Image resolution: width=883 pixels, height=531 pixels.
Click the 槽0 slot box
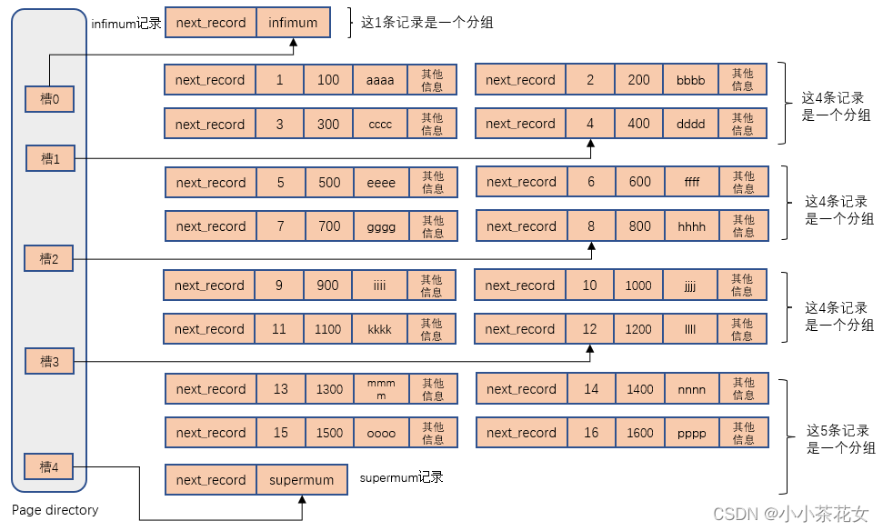tap(49, 99)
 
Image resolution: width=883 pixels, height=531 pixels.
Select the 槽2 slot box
tap(48, 259)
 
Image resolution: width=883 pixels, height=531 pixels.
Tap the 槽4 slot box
tap(48, 467)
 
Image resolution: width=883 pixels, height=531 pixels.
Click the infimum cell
tap(293, 23)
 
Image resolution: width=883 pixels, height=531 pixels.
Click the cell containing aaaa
tap(380, 80)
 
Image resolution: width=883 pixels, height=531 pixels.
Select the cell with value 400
tap(639, 124)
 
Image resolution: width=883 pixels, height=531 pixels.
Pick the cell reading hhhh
tap(692, 226)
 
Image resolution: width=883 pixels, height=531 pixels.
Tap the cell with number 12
tap(590, 329)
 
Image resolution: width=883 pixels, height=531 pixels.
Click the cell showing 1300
tap(329, 389)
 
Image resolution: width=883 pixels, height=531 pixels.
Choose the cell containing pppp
tap(692, 433)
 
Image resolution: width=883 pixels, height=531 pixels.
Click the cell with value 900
tap(327, 286)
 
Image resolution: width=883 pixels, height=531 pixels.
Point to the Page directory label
tap(55, 510)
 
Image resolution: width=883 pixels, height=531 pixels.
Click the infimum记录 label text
tap(126, 24)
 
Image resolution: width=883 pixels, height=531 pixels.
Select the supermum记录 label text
tap(402, 476)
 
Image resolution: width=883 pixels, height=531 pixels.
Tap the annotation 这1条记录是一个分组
tap(427, 23)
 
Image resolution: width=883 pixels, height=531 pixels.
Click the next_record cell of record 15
tap(211, 433)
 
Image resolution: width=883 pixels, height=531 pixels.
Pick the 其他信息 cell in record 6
tap(743, 182)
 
